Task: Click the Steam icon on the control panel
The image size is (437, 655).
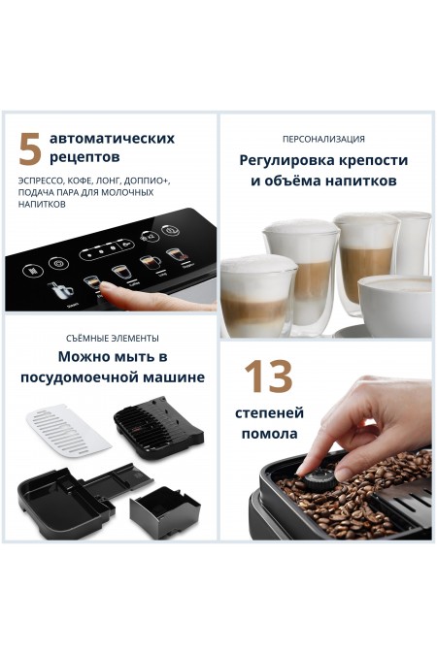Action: (x=62, y=291)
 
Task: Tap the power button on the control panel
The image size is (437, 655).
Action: (x=172, y=230)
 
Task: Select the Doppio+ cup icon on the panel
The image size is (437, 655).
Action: (x=149, y=260)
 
